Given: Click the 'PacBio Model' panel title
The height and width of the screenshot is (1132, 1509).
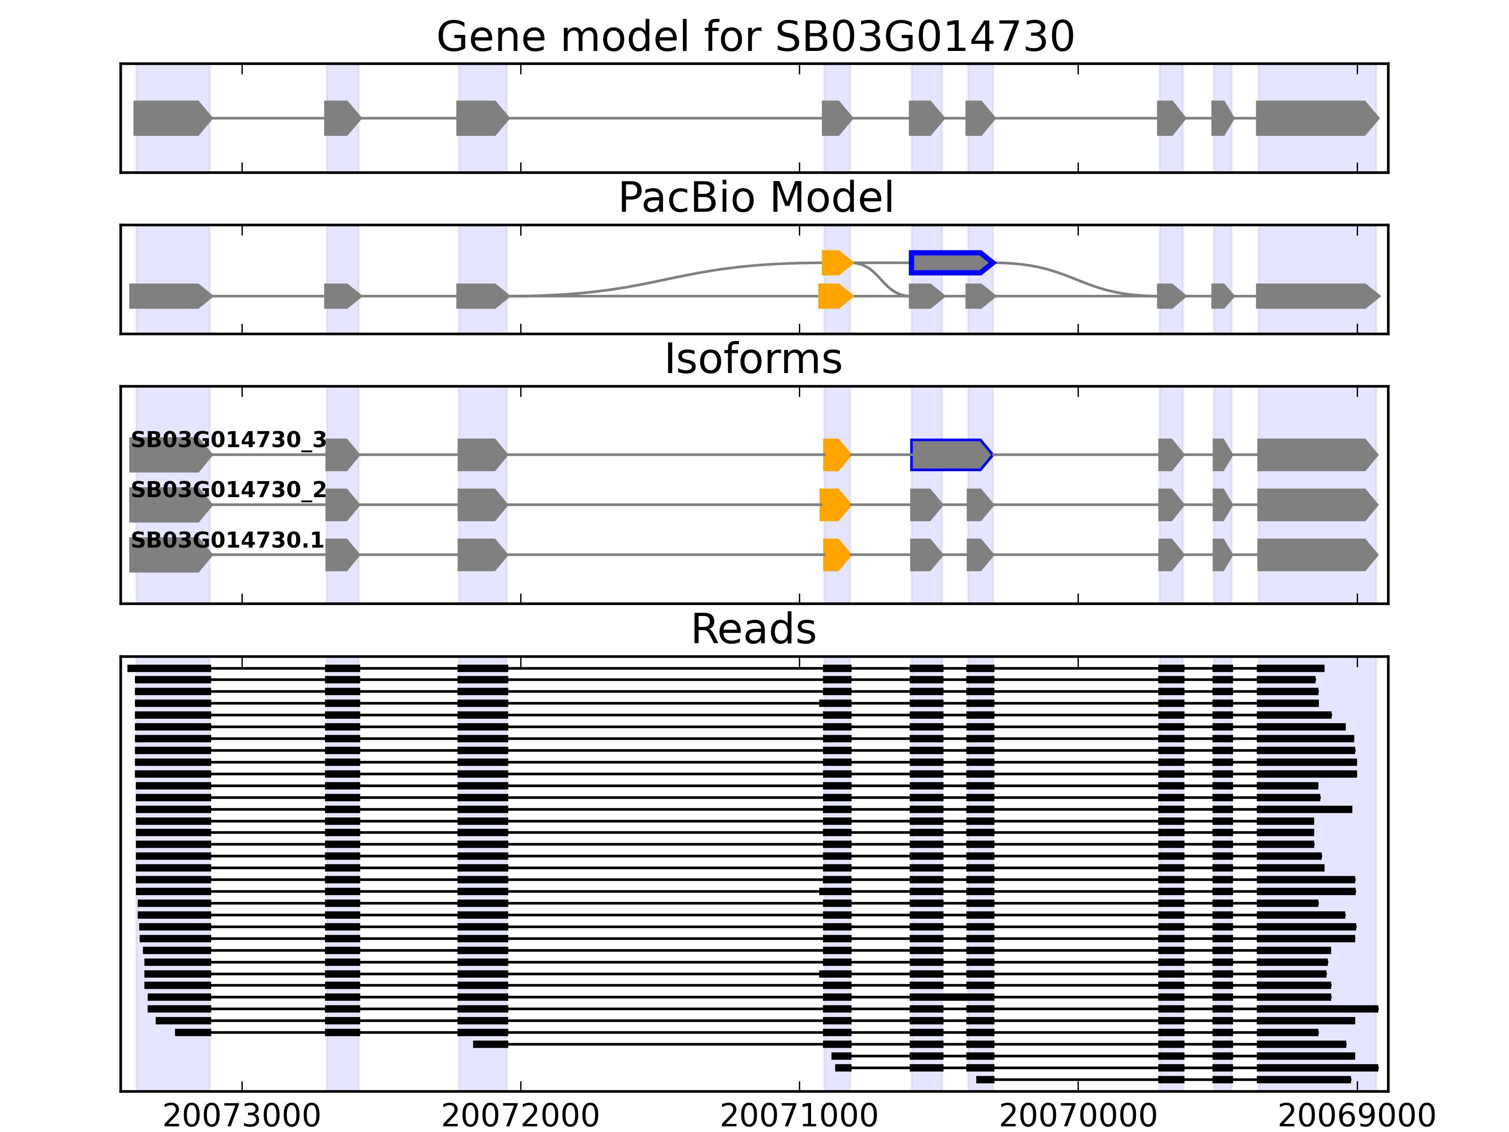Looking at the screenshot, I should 755,198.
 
